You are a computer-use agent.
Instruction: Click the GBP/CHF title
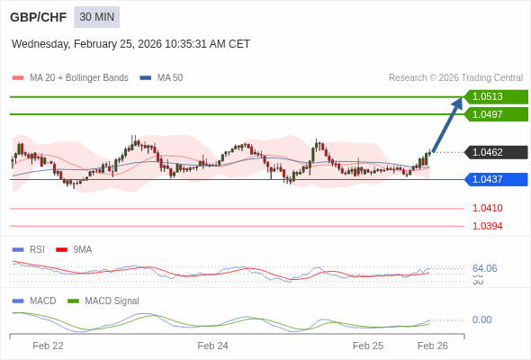tap(38, 17)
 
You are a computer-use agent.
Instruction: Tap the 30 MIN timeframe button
tap(96, 17)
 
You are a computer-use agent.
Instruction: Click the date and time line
tap(130, 44)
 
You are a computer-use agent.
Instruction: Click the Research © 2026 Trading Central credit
tap(455, 77)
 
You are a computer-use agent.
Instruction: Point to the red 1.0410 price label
tap(488, 208)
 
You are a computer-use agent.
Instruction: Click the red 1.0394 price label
tap(488, 226)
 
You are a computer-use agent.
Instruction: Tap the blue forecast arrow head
tap(458, 102)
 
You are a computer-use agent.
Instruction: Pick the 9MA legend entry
tap(82, 249)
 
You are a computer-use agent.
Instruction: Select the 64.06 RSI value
tap(484, 268)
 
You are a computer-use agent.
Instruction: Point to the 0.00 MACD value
tap(481, 319)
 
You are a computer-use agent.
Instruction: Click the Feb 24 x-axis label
tap(212, 346)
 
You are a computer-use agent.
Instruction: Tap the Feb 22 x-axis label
tap(48, 346)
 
